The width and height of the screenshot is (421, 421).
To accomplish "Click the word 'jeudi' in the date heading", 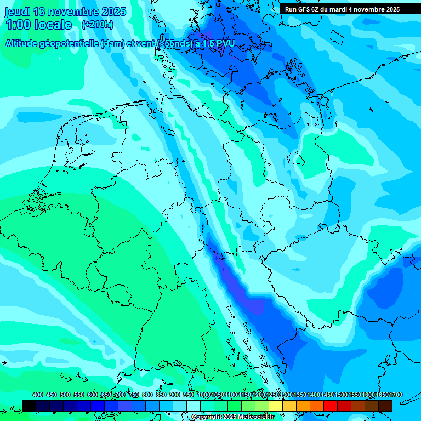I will [18, 12].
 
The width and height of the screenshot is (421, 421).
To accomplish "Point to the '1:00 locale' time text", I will [38, 25].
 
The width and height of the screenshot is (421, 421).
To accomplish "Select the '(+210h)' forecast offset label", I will [98, 25].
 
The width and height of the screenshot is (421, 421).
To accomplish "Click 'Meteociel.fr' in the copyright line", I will [252, 417].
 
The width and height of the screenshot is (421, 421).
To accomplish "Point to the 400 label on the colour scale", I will [38, 395].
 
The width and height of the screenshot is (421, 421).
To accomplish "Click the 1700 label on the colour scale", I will [380, 395].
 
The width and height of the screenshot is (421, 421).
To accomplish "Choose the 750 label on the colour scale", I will [134, 395].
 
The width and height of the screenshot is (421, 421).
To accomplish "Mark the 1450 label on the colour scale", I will [327, 395].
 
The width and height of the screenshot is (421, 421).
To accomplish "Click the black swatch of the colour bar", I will [29, 406].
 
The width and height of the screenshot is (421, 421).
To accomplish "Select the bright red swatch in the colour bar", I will [331, 406].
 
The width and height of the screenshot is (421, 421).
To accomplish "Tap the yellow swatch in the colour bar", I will [276, 406].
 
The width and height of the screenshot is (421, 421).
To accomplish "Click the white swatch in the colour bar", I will [194, 406].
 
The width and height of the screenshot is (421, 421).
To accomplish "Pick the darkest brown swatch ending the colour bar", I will [385, 406].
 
